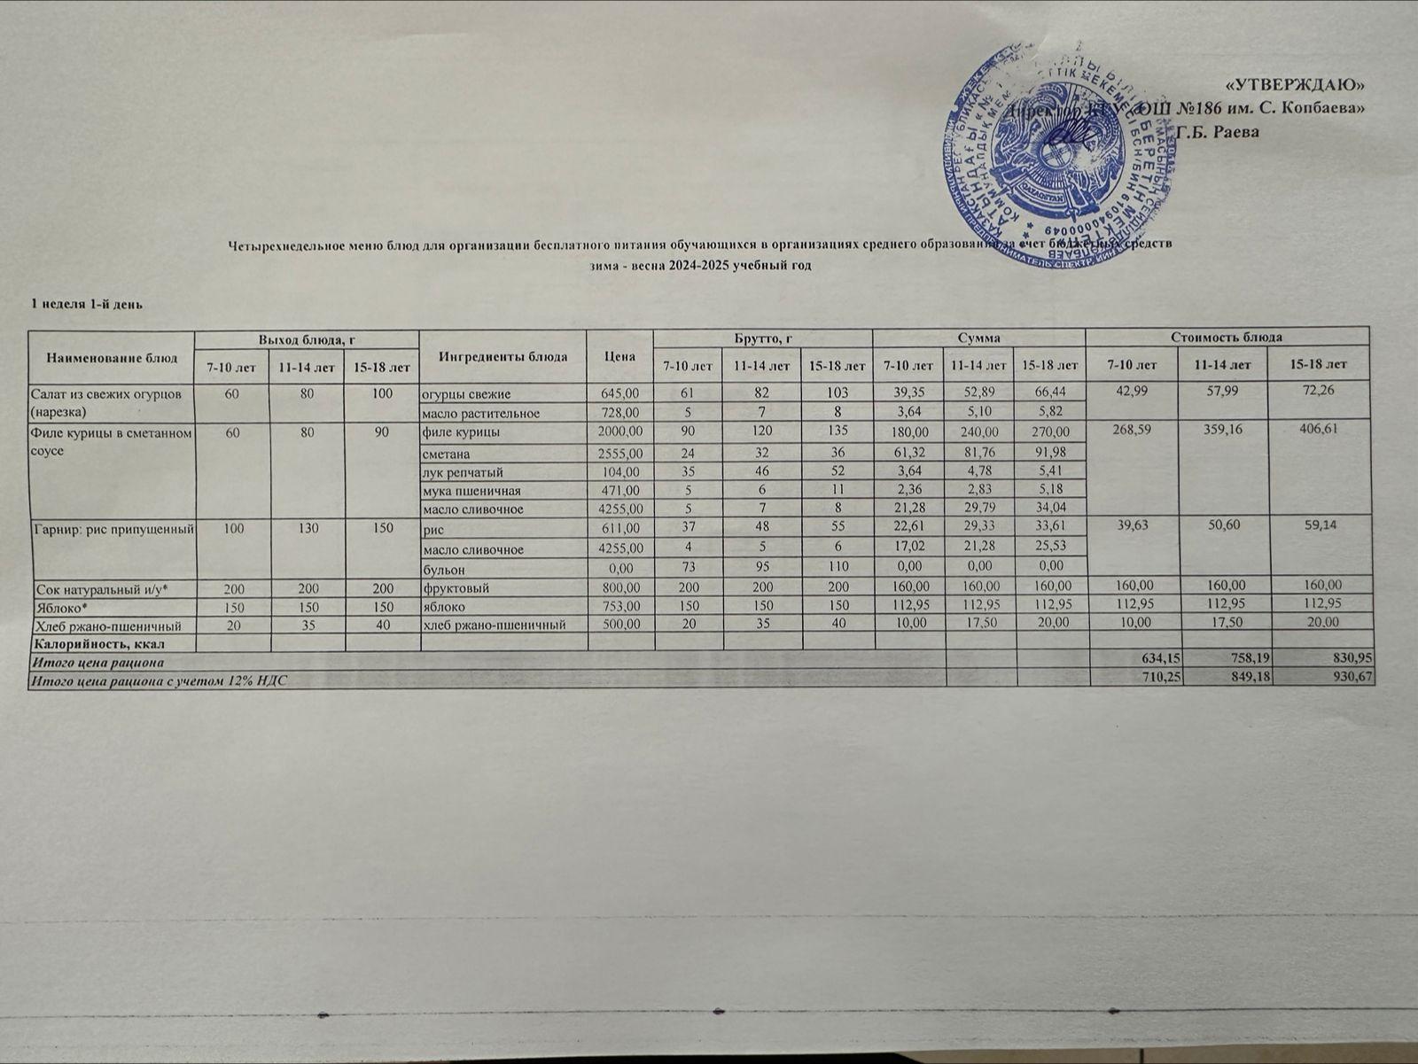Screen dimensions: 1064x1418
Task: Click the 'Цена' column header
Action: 619,356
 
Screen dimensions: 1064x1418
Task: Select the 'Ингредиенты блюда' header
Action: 503,356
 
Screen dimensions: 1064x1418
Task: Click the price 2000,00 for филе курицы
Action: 619,431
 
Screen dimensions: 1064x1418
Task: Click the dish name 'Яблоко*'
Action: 59,607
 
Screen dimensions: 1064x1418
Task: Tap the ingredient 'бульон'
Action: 444,569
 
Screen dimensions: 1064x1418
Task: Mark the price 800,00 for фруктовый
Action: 620,587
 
